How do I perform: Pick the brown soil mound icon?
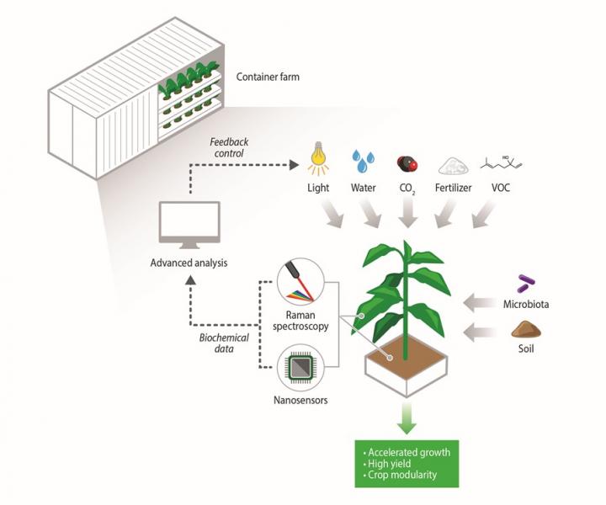tap(527, 330)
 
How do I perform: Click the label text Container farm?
tap(268, 77)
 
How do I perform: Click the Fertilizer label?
tap(454, 189)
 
